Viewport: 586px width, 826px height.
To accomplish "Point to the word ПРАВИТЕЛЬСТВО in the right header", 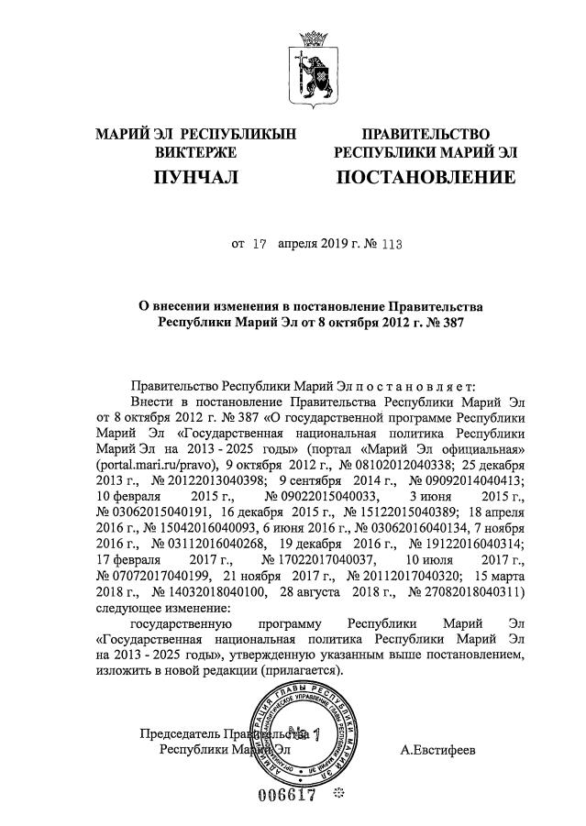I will [426, 135].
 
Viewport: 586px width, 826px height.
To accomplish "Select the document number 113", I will [393, 246].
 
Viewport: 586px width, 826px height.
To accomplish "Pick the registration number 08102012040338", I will [384, 465].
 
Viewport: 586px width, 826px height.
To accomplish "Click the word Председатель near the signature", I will [180, 733].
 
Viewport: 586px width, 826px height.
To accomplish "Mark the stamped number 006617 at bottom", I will [290, 794].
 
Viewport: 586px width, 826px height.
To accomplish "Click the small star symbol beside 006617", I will [339, 793].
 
